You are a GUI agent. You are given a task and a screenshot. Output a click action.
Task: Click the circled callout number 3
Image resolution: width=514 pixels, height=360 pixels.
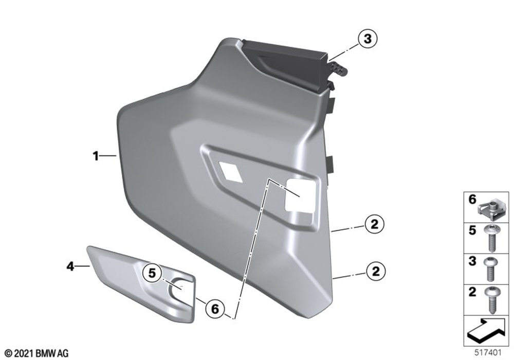click(368, 39)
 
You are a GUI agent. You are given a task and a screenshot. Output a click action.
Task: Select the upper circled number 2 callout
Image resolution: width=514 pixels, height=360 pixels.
click(374, 224)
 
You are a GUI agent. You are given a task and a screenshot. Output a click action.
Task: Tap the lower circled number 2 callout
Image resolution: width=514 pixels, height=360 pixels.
click(375, 271)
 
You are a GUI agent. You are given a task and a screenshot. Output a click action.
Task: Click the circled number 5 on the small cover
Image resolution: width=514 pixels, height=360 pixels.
click(152, 273)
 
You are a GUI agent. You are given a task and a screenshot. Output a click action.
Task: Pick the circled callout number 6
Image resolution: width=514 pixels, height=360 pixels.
click(215, 309)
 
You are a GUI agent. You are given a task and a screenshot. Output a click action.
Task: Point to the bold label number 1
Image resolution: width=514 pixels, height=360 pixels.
click(96, 156)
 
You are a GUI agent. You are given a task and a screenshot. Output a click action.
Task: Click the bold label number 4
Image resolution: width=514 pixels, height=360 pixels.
click(70, 266)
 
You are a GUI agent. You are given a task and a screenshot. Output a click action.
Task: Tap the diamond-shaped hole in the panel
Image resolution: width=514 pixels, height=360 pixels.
click(231, 172)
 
